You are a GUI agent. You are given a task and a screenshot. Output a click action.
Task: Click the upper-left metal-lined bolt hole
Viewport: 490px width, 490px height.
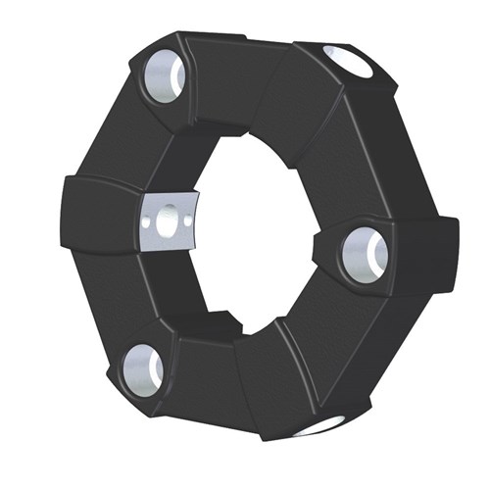click(164, 78)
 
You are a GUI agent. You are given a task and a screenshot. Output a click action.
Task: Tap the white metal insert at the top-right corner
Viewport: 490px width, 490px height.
click(352, 62)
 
